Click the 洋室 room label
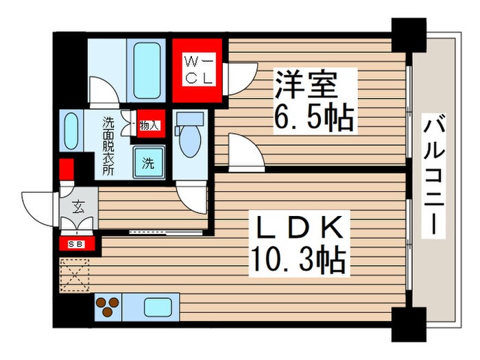coord(306,86)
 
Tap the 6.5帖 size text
coord(314,118)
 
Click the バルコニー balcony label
coord(432,176)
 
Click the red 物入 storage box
coord(149,125)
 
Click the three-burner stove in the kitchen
coord(108,306)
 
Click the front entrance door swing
coord(38,204)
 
